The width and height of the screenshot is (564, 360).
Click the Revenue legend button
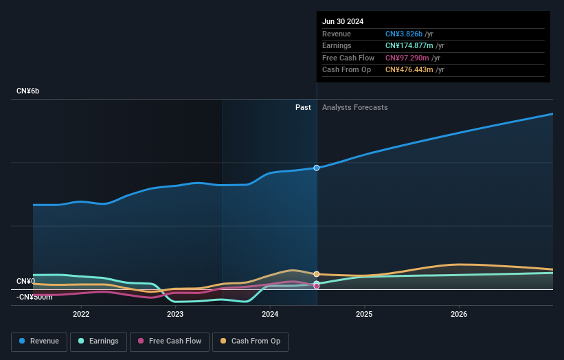(39, 341)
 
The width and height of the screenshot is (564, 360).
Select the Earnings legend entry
(98, 341)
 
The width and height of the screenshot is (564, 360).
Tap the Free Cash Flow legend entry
(169, 341)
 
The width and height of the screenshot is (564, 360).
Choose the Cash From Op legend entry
(250, 341)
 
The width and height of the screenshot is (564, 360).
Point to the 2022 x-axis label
(81, 314)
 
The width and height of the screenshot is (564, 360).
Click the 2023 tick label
(175, 314)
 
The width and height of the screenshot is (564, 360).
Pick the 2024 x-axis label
(270, 314)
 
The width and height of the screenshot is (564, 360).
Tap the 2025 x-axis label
(364, 314)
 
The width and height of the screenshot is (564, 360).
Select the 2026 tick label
(459, 314)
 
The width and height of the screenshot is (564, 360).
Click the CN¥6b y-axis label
(28, 91)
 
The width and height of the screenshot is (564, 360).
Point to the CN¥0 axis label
(25, 281)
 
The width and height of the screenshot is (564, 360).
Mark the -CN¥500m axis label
(34, 297)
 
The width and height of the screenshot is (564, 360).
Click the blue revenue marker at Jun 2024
(317, 168)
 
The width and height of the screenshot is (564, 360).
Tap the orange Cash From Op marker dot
(317, 274)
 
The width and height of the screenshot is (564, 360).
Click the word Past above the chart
(303, 107)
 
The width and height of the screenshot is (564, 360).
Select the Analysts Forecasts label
(354, 107)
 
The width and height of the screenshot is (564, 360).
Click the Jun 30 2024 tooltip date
(343, 21)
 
